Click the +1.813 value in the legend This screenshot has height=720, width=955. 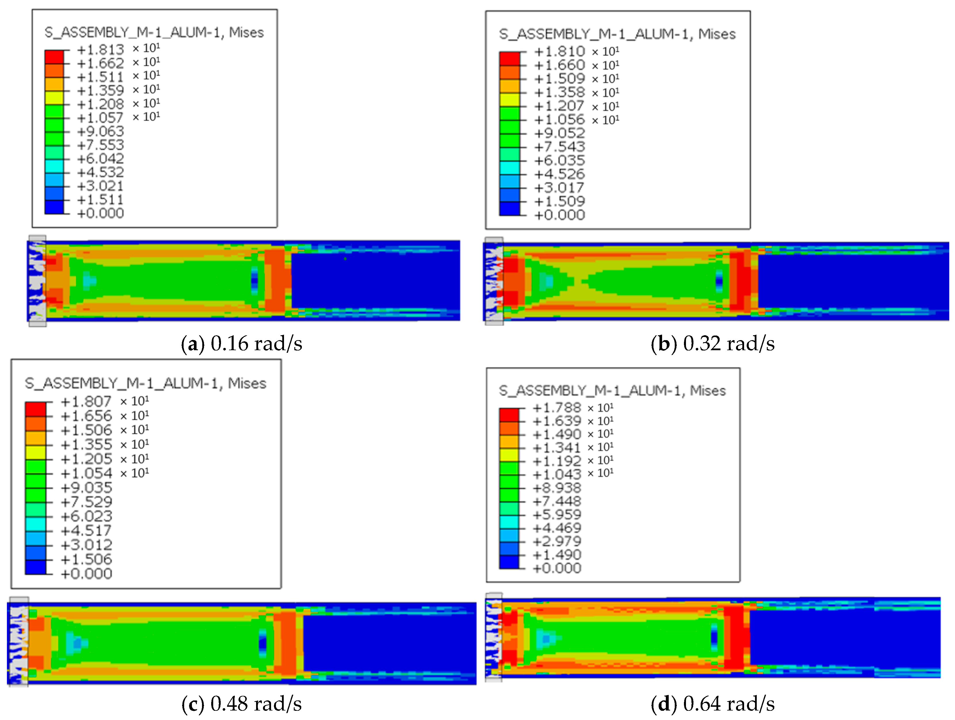point(100,50)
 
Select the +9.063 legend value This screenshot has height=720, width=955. point(100,131)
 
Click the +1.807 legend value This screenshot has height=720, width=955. point(86,402)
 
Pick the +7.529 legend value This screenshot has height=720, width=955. point(86,502)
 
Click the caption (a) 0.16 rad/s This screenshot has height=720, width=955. point(241,344)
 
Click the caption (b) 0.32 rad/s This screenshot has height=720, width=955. point(712,344)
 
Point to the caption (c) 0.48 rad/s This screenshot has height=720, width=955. point(241,704)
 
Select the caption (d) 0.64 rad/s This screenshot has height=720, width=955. point(712,704)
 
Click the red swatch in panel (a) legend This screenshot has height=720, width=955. point(54,57)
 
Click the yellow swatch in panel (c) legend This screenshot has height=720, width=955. point(35,452)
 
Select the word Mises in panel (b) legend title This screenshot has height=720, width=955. point(717,34)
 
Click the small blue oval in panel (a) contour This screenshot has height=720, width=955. point(255,281)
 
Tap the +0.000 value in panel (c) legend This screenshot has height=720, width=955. point(86,574)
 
